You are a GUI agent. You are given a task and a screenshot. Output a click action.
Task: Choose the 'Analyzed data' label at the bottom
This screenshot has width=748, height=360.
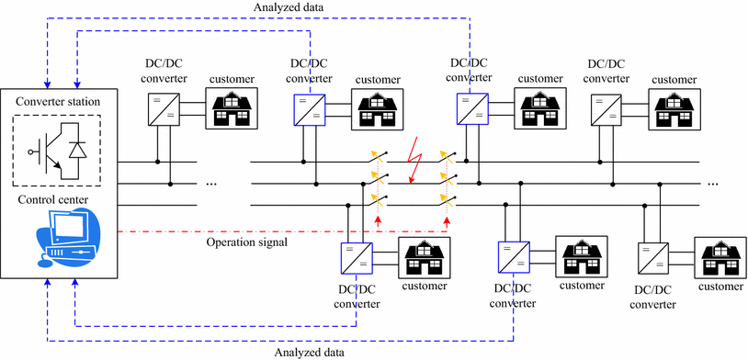pyautogui.click(x=312, y=352)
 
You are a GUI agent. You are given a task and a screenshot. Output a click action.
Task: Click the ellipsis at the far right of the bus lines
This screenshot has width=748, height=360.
pyautogui.click(x=713, y=184)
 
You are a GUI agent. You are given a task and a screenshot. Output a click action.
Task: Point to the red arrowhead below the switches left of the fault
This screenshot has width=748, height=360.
pyautogui.click(x=378, y=220)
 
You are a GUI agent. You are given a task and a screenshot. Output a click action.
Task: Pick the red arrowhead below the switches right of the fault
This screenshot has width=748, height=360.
pyautogui.click(x=448, y=220)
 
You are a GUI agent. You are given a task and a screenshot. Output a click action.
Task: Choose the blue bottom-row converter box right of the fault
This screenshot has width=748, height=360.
pyautogui.click(x=512, y=256)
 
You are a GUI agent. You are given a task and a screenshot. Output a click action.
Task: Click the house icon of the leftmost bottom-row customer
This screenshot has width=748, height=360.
pyautogui.click(x=425, y=257)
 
